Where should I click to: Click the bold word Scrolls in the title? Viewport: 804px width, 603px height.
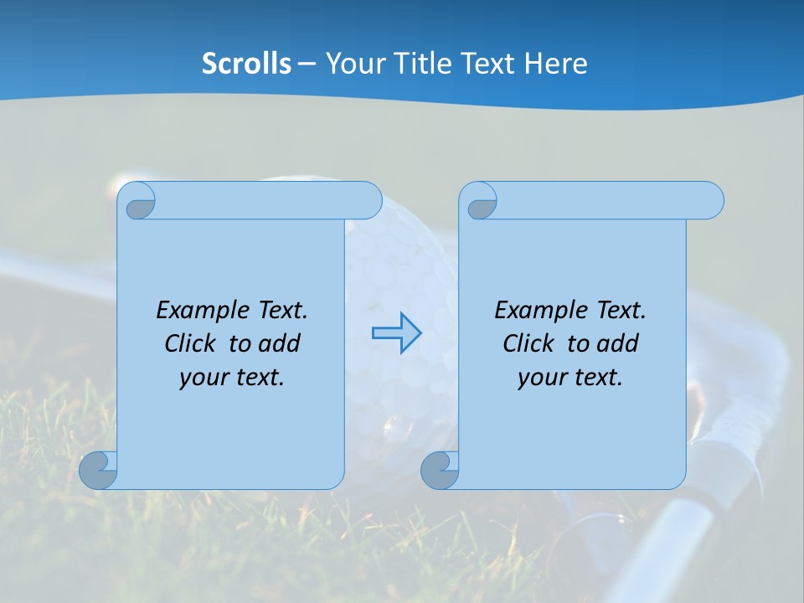[x=247, y=64]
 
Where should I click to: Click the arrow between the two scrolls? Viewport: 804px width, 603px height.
[x=396, y=333]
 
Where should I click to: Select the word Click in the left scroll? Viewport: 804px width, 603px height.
[x=188, y=344]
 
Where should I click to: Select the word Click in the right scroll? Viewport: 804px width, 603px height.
[x=527, y=344]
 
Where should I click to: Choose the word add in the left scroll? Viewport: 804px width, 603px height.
[x=281, y=344]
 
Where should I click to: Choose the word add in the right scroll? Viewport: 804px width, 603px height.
[x=619, y=344]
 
